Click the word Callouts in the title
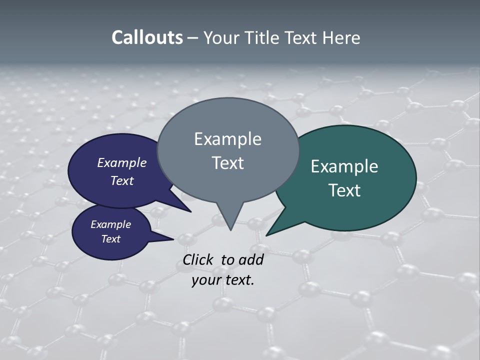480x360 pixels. pyautogui.click(x=147, y=37)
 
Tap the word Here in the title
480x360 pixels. pyautogui.click(x=342, y=37)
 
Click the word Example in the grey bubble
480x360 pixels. pyautogui.click(x=227, y=139)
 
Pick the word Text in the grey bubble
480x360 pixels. pyautogui.click(x=227, y=163)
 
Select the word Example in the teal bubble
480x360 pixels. pyautogui.click(x=344, y=166)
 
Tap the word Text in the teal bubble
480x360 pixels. pyautogui.click(x=344, y=190)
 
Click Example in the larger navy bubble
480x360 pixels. pyautogui.click(x=122, y=162)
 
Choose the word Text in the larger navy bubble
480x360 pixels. pyautogui.click(x=122, y=180)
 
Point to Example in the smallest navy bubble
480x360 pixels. pyautogui.click(x=110, y=224)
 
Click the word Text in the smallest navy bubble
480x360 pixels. pyautogui.click(x=110, y=239)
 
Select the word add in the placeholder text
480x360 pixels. pyautogui.click(x=251, y=259)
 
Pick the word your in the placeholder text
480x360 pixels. pyautogui.click(x=206, y=280)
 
